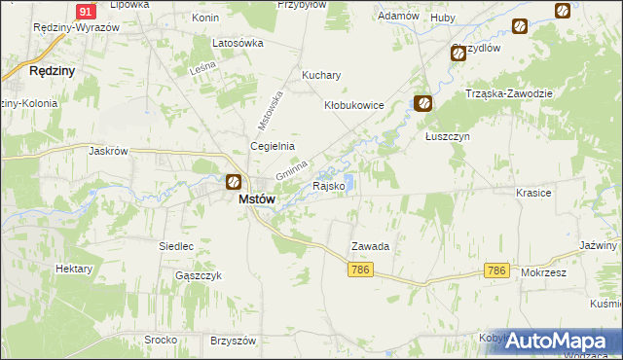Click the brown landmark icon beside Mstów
pyautogui.click(x=234, y=181)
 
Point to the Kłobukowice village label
pyautogui.click(x=354, y=105)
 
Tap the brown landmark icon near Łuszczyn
pyautogui.click(x=422, y=102)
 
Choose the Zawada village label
pyautogui.click(x=370, y=247)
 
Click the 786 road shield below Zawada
pyautogui.click(x=361, y=270)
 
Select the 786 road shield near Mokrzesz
pyautogui.click(x=496, y=270)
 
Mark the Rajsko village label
pyautogui.click(x=327, y=186)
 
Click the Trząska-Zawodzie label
pyautogui.click(x=509, y=93)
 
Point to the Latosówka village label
pyautogui.click(x=238, y=44)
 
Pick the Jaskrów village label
pyautogui.click(x=109, y=151)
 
